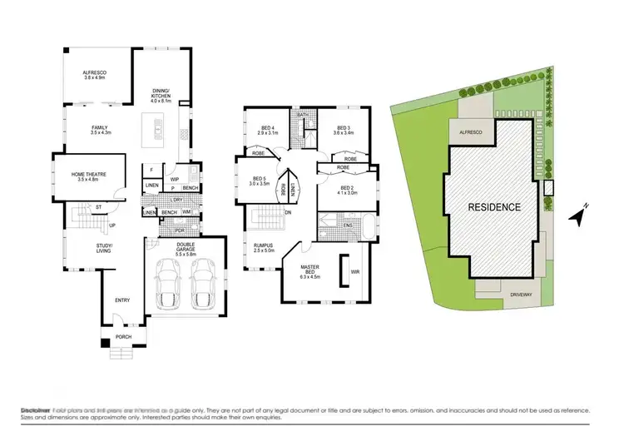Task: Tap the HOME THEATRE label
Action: [87, 174]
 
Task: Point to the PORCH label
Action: [116, 339]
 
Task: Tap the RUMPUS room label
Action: [264, 246]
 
